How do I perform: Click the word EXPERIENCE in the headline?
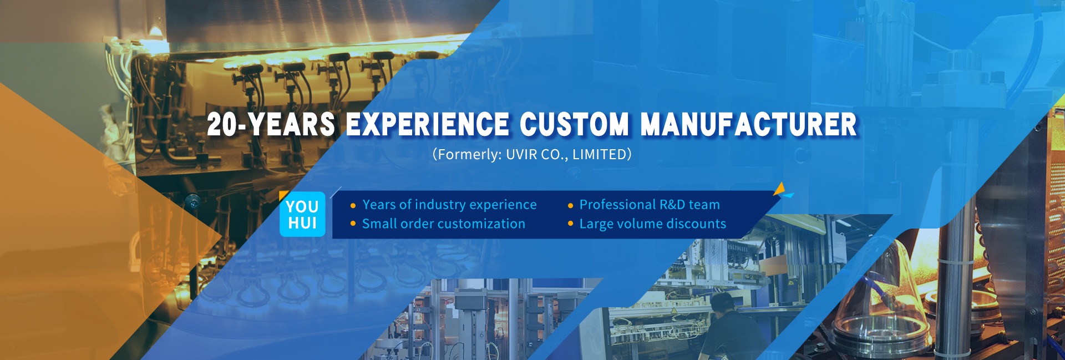427,124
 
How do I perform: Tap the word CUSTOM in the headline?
575,124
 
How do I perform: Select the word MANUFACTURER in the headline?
749,124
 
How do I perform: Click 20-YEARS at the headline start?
271,124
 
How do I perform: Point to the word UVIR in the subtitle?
521,154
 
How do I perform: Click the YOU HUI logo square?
302,214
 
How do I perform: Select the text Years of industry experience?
449,205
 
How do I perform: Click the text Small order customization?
444,224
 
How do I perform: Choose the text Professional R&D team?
650,205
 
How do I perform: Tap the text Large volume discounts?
653,224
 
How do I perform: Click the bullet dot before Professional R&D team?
570,206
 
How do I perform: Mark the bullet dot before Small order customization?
353,224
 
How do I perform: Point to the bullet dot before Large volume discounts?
570,224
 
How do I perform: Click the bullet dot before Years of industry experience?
353,206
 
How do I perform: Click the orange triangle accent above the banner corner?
779,189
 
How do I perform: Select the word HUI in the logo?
302,224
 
